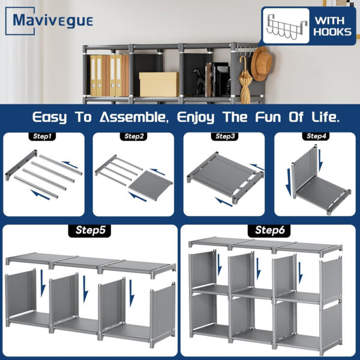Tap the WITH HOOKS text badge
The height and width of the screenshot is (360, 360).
[x=332, y=25]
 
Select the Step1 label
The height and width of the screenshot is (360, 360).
[x=41, y=137]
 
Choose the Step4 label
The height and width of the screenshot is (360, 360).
[x=316, y=137]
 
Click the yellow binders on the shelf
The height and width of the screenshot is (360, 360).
[x=96, y=75]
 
